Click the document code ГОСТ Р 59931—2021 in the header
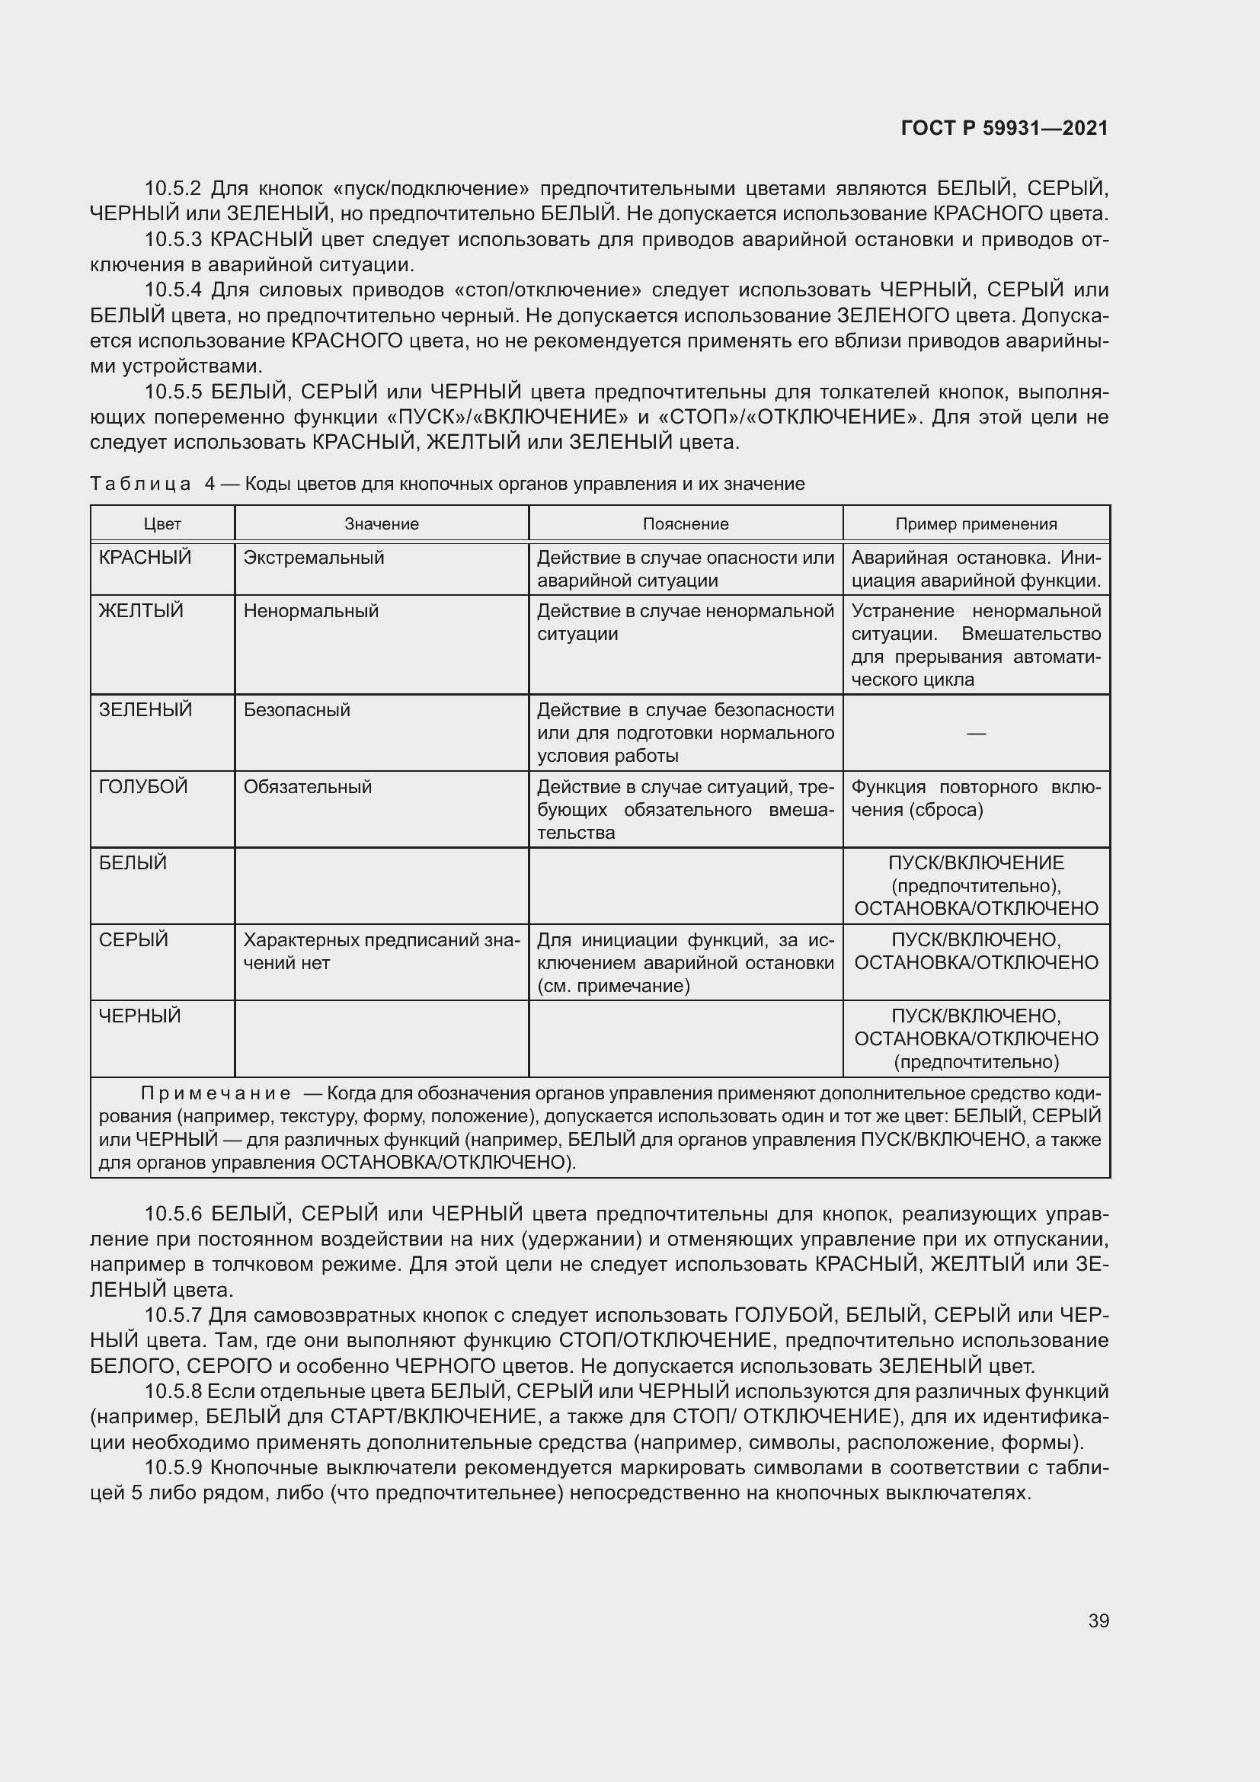1004,128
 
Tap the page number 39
1098,1620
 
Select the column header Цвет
162,524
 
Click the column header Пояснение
685,524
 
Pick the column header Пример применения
975,524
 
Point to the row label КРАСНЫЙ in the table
145,557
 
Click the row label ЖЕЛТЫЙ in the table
141,611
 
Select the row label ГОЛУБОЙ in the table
143,786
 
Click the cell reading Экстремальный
313,557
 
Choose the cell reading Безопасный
296,709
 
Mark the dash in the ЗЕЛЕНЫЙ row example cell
976,733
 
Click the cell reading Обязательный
307,786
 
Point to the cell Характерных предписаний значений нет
381,951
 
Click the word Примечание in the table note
216,1093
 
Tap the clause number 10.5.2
172,189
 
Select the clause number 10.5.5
172,391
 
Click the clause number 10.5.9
172,1467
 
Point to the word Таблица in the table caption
140,484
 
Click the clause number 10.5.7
172,1315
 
